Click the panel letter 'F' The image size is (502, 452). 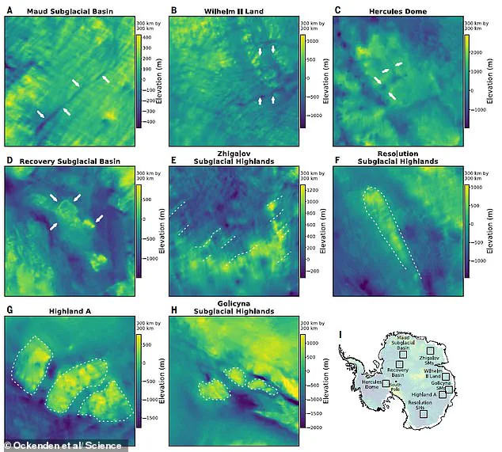[337, 161]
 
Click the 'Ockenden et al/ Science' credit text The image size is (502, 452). [68, 445]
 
